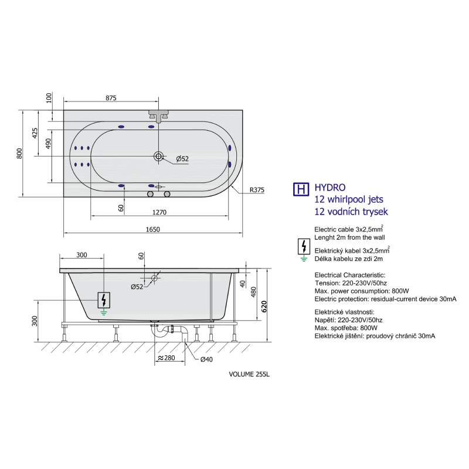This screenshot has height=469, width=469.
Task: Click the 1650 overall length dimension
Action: tap(153, 229)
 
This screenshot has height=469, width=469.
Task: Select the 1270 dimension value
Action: tap(159, 212)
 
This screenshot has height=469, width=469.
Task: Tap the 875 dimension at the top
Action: tap(111, 98)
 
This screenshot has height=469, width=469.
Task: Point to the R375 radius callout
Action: tap(257, 190)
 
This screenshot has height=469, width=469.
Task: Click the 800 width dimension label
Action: tap(19, 154)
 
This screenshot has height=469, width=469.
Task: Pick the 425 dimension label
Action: tap(35, 133)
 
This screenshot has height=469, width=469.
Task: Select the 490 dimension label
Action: tap(48, 144)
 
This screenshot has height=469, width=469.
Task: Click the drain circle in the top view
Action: tap(158, 156)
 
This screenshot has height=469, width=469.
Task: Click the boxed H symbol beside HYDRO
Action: tap(301, 189)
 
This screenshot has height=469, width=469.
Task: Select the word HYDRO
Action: tap(330, 188)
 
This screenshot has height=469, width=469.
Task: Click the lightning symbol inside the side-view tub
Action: tap(104, 300)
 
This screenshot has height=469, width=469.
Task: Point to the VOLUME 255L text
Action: tap(249, 374)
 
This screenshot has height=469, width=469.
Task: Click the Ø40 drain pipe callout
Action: tap(206, 359)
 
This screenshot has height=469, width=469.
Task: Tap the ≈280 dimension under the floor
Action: tap(166, 358)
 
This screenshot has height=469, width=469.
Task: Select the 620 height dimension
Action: tap(264, 307)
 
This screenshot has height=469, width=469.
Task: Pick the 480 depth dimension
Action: tap(254, 292)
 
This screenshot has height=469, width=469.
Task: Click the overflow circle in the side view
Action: tap(154, 278)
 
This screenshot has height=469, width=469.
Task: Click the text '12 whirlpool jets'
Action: tap(349, 199)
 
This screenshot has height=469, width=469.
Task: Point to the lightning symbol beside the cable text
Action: tap(304, 246)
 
